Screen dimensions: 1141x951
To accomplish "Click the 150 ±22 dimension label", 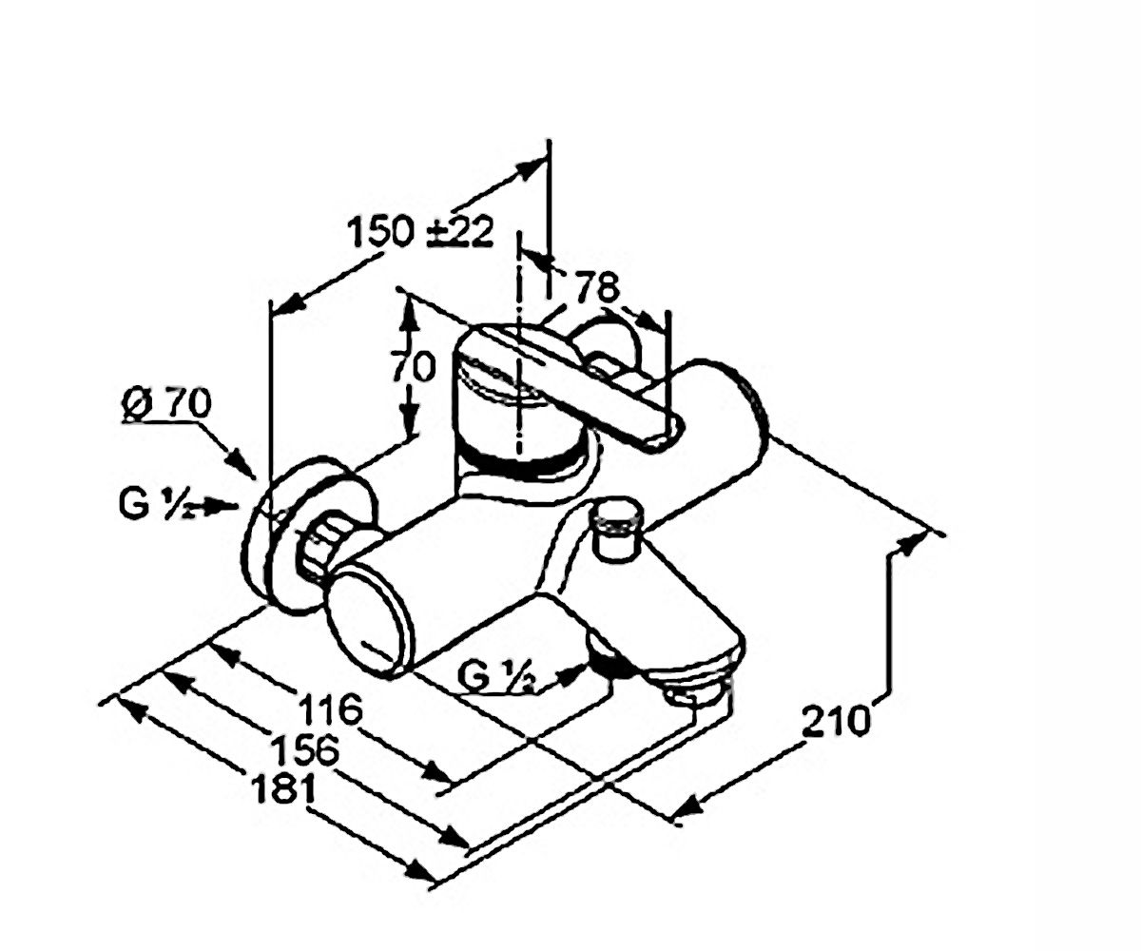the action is point(421,232).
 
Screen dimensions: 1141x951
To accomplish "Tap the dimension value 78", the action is point(598,286).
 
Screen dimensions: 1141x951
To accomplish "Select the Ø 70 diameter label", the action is point(166,405).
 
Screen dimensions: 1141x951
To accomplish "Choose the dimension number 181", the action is point(282,788).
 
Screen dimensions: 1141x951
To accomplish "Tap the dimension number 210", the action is point(836,721).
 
